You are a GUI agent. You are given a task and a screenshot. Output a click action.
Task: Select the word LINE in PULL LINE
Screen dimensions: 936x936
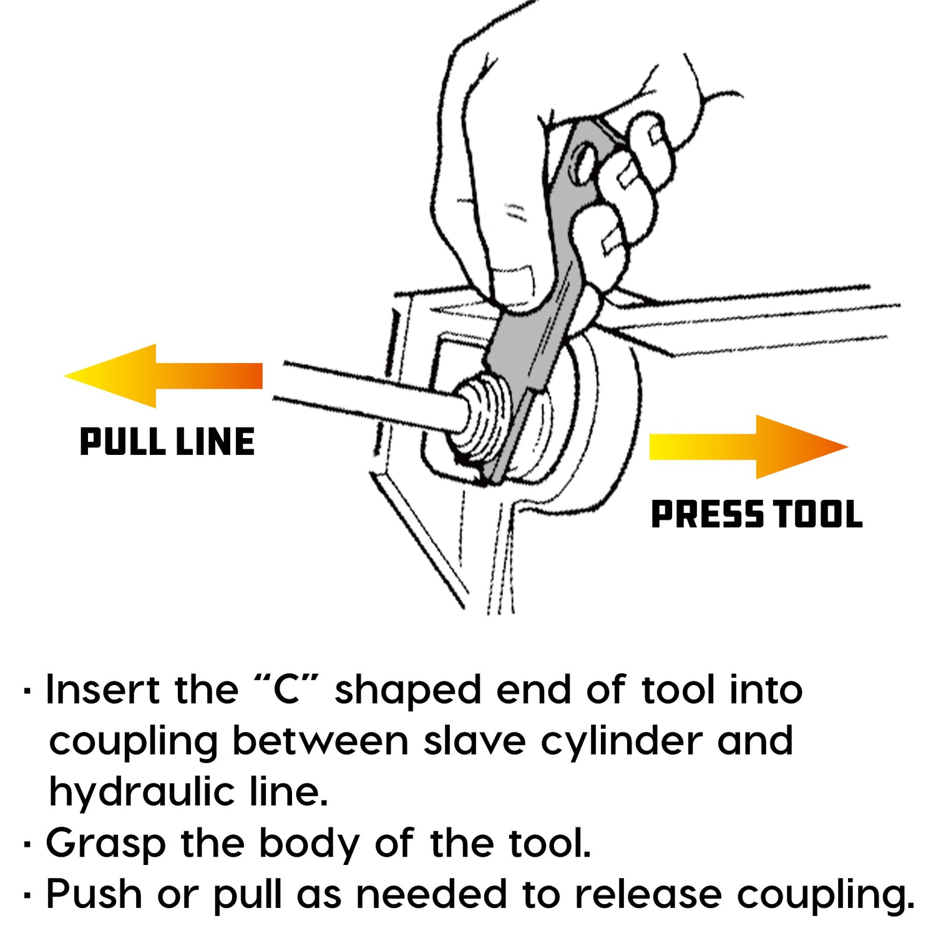(x=215, y=442)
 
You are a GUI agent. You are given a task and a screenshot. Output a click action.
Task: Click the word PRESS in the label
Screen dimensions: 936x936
(x=706, y=515)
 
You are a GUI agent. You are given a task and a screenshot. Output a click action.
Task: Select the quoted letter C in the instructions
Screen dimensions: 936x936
(x=287, y=691)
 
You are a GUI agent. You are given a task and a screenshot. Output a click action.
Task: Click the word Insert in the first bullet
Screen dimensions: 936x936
(x=102, y=691)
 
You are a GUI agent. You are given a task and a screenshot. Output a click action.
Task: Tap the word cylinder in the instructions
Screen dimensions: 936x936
(x=621, y=743)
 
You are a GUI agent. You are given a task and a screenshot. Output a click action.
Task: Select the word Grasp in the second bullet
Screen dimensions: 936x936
(x=106, y=844)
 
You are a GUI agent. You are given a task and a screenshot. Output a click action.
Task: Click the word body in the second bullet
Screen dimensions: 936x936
(x=310, y=844)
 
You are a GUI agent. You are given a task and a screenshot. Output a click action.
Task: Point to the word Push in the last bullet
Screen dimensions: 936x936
(x=94, y=895)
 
